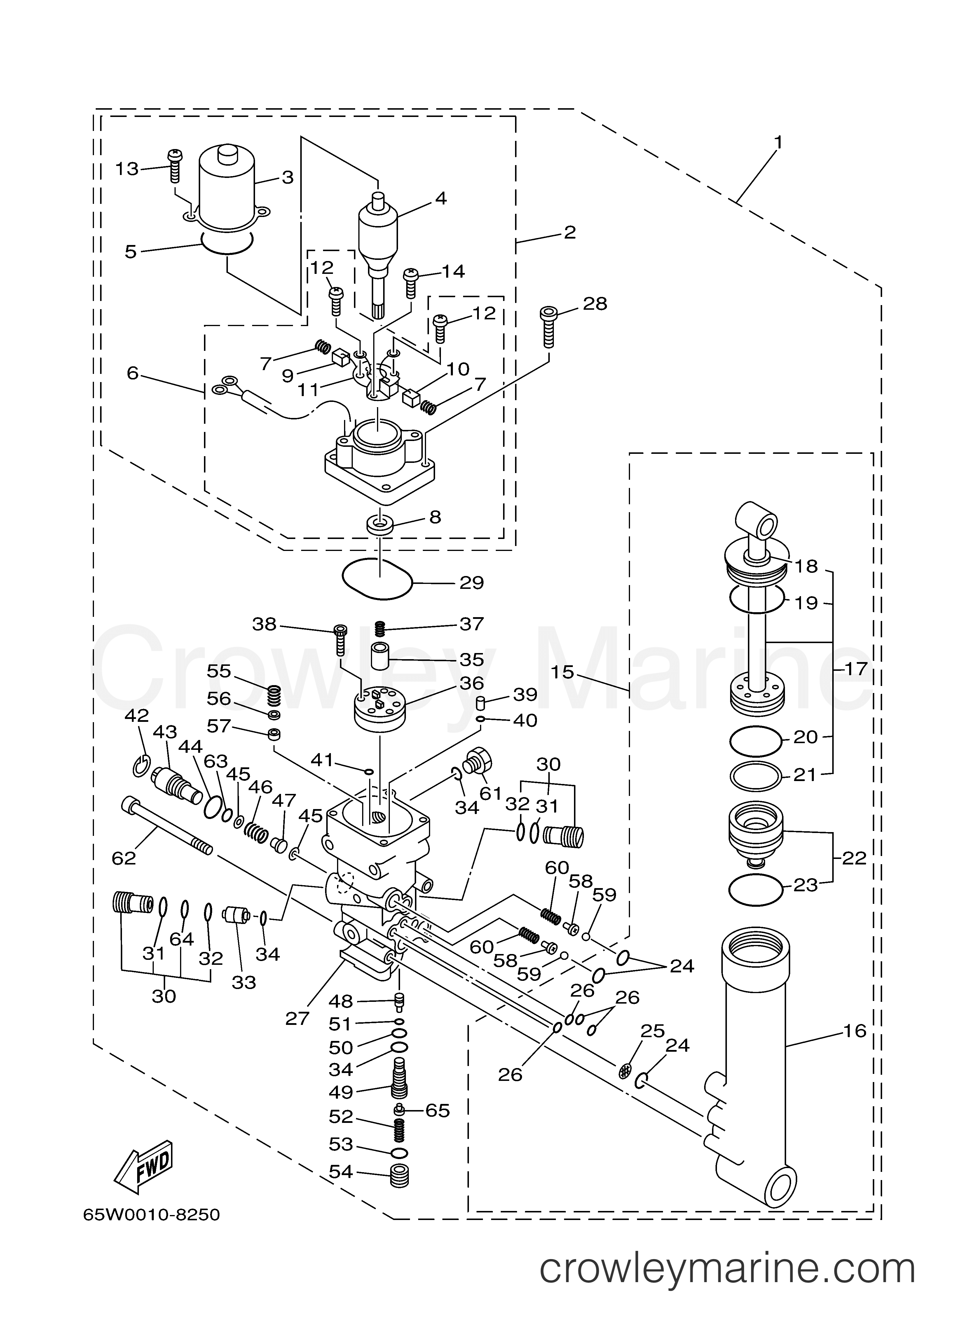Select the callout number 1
click(778, 141)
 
